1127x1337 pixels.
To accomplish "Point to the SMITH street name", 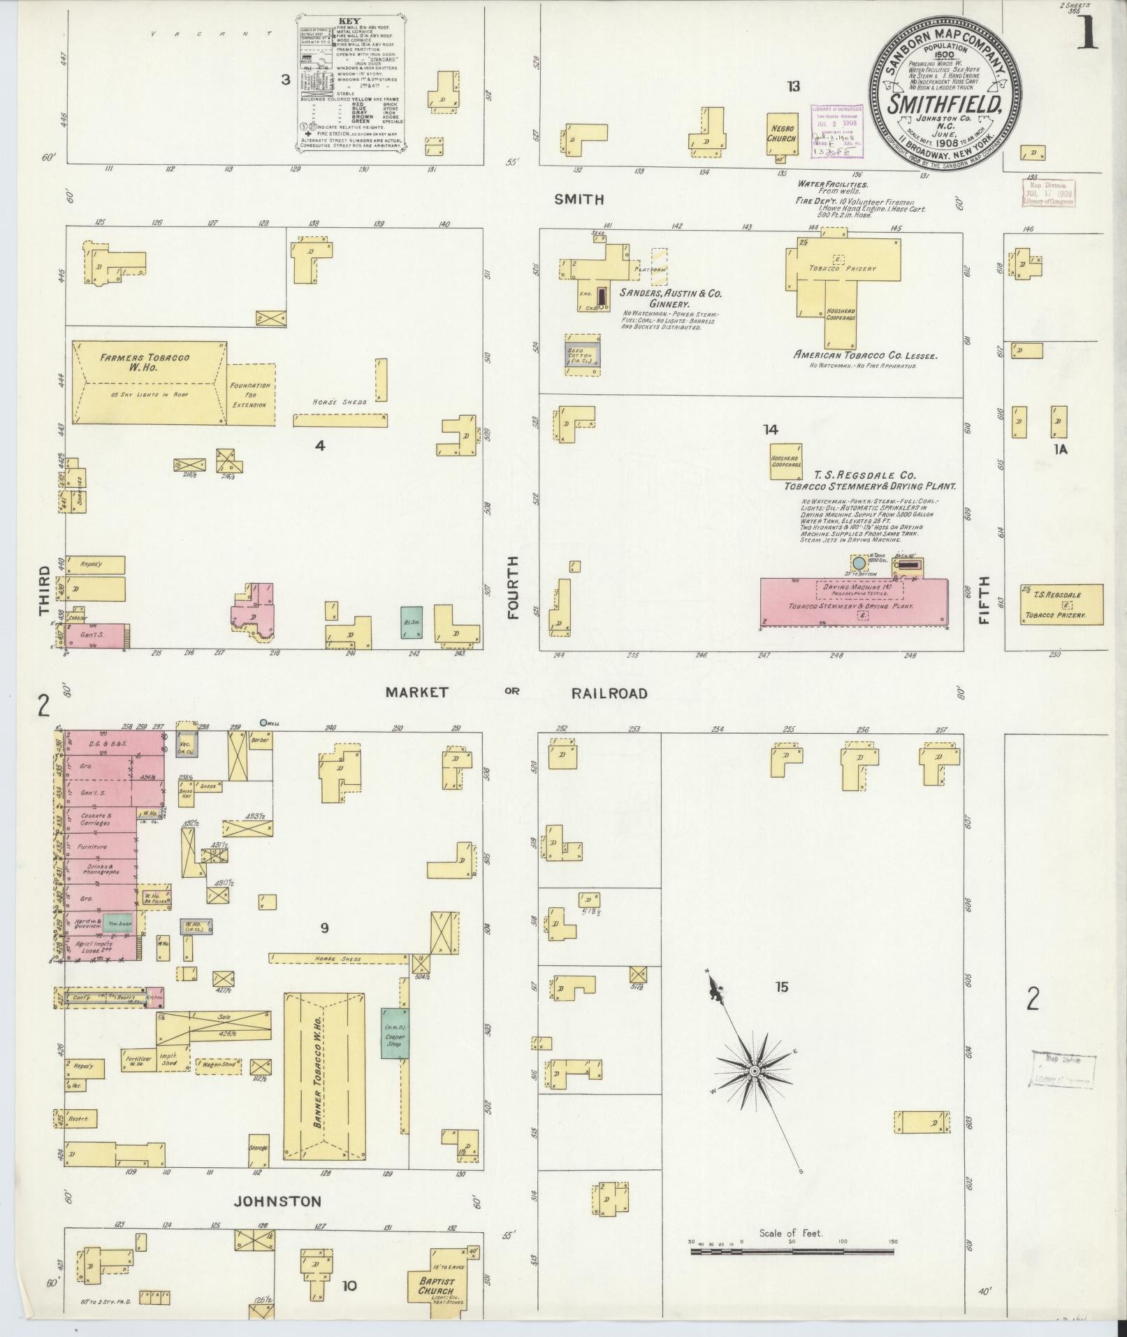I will [579, 200].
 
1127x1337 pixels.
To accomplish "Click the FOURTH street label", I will [514, 588].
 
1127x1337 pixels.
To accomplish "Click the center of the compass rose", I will [755, 1071].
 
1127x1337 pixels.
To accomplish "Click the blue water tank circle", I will [859, 562].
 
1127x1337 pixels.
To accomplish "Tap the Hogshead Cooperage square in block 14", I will [786, 461].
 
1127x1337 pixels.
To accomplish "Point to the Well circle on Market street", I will [263, 723].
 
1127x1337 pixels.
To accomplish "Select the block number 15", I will [781, 987].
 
